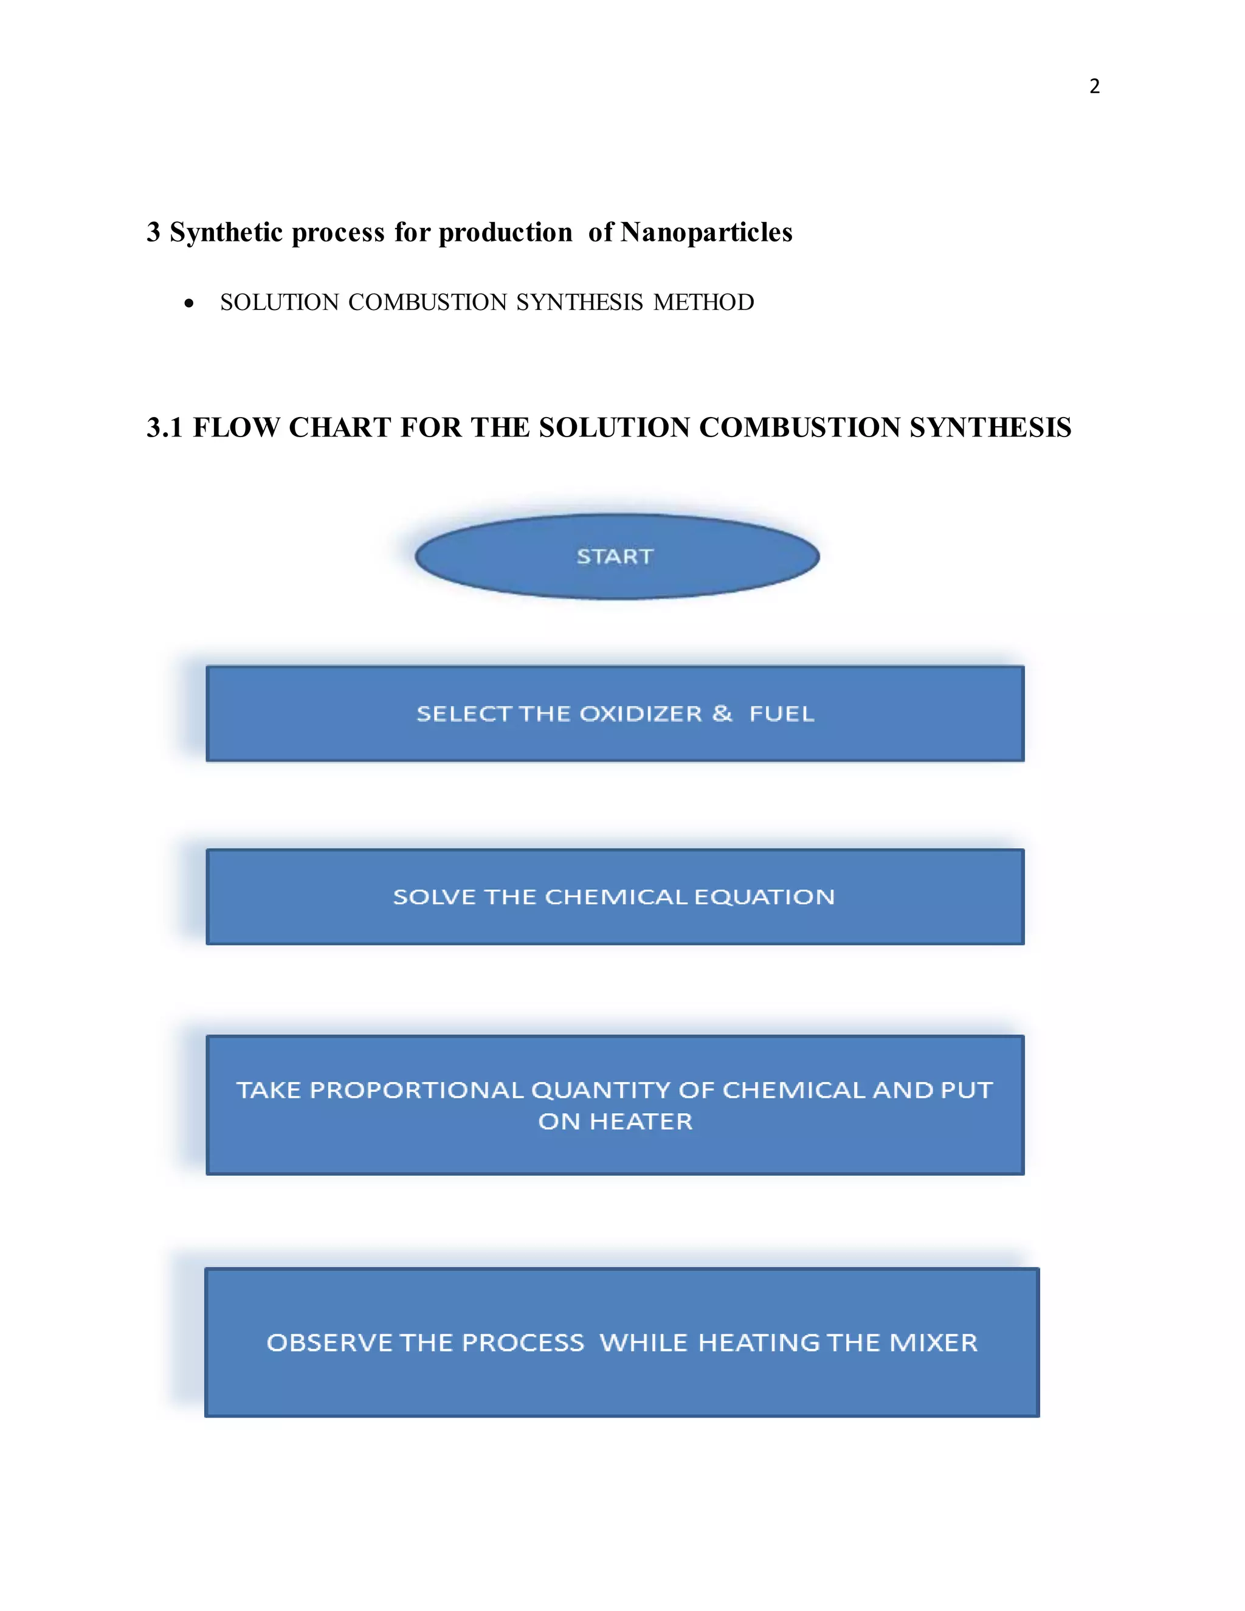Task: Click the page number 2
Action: [1094, 86]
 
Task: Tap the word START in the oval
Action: [615, 556]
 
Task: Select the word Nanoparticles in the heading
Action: [706, 232]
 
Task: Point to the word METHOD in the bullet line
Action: [703, 302]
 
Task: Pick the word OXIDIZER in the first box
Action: [640, 714]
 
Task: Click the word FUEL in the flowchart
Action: [782, 714]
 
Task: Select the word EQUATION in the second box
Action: [764, 897]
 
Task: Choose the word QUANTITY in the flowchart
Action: [601, 1090]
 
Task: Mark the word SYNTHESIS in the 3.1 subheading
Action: [990, 428]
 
